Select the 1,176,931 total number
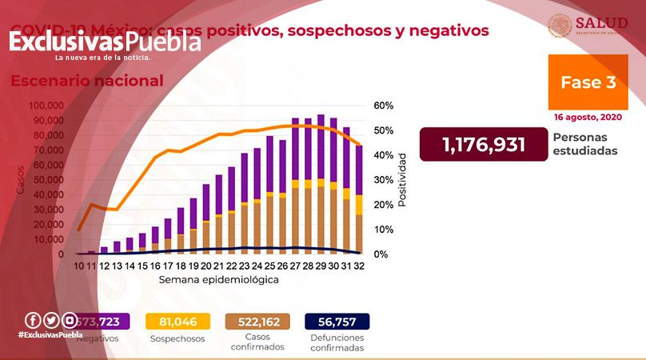tap(484, 144)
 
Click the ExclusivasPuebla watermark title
tap(105, 42)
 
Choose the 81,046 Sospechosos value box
tap(178, 322)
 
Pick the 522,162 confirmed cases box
tap(257, 322)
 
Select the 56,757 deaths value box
tap(337, 322)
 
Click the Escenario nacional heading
tap(86, 81)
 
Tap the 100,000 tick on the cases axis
tap(46, 106)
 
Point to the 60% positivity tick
tap(383, 106)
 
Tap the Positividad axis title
tap(403, 179)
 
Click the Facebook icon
tap(32, 319)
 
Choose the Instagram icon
tap(70, 319)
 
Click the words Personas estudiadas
tap(585, 143)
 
